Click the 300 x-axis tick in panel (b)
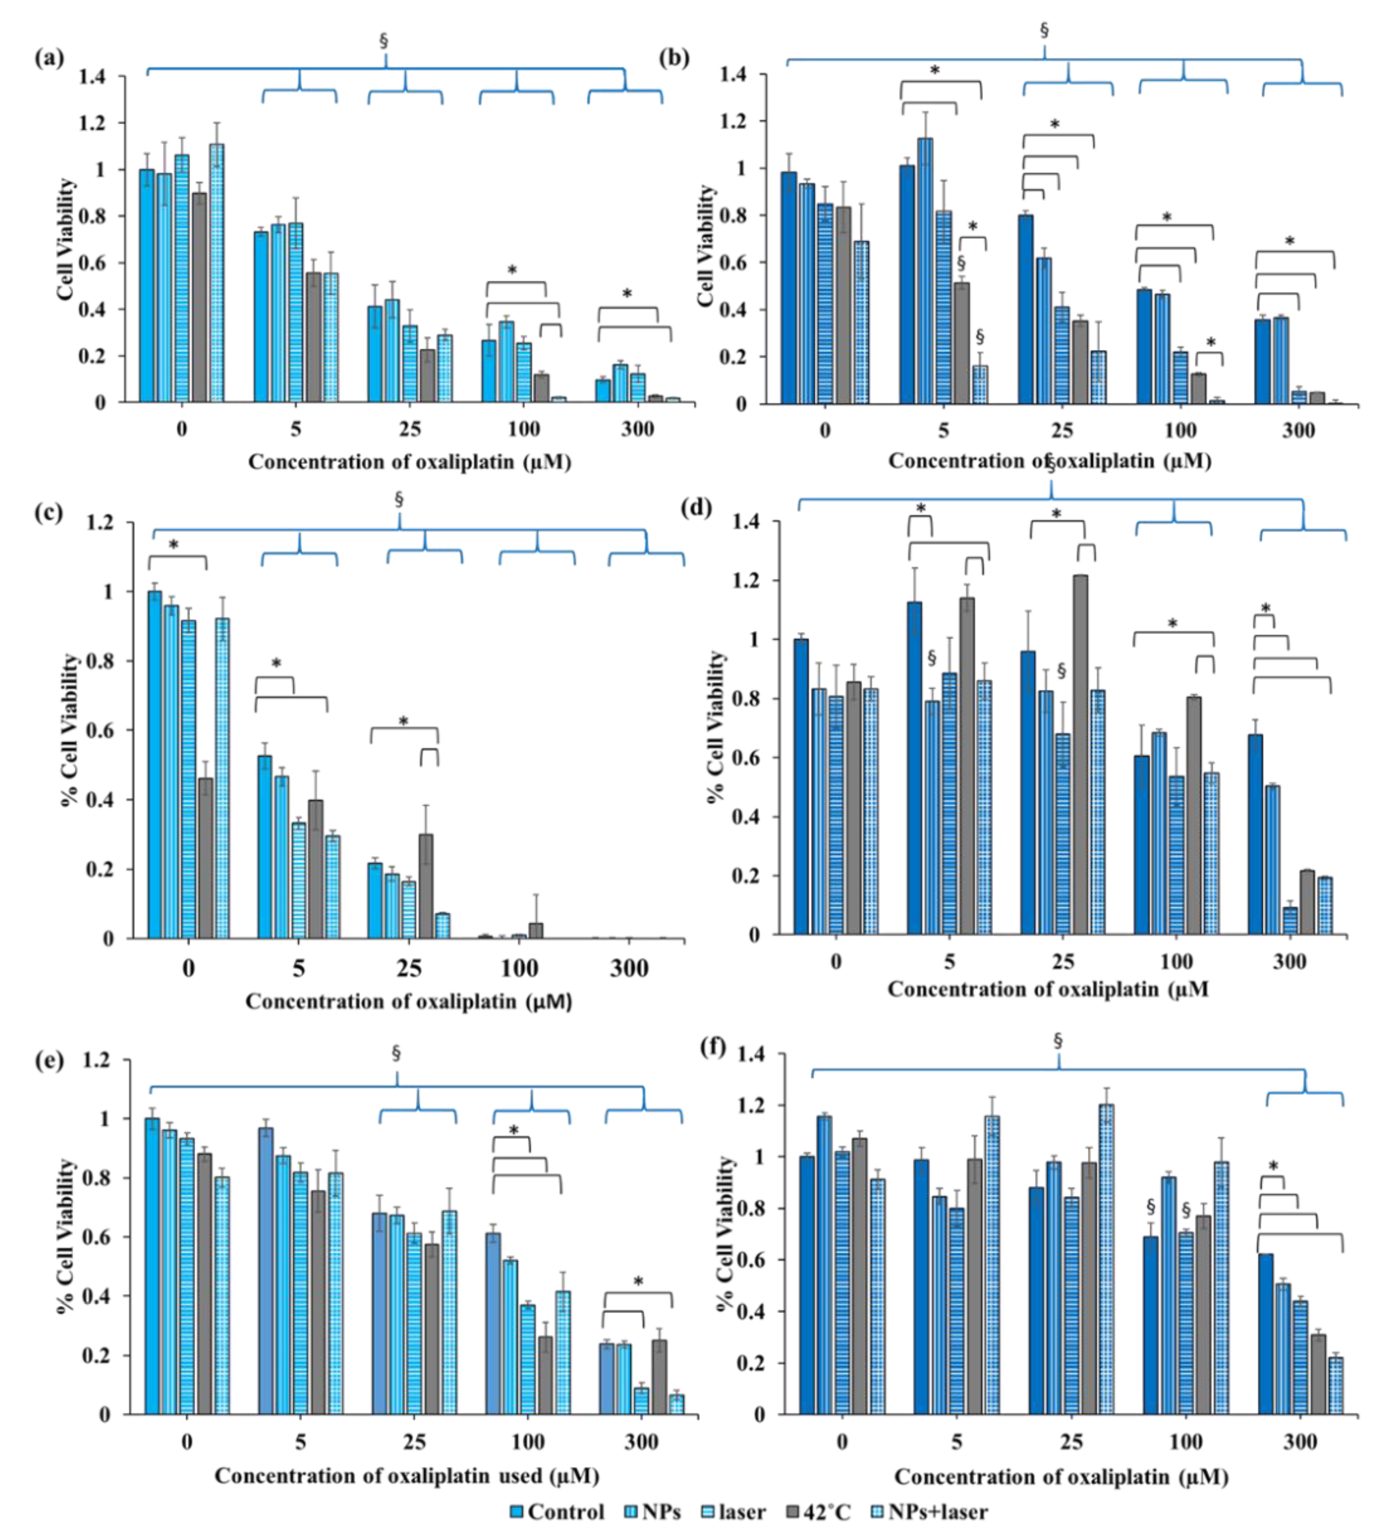tap(1298, 430)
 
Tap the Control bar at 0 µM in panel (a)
tap(146, 286)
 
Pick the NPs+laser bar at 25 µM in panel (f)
tap(1106, 1259)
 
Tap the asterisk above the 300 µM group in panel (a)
tap(627, 293)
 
